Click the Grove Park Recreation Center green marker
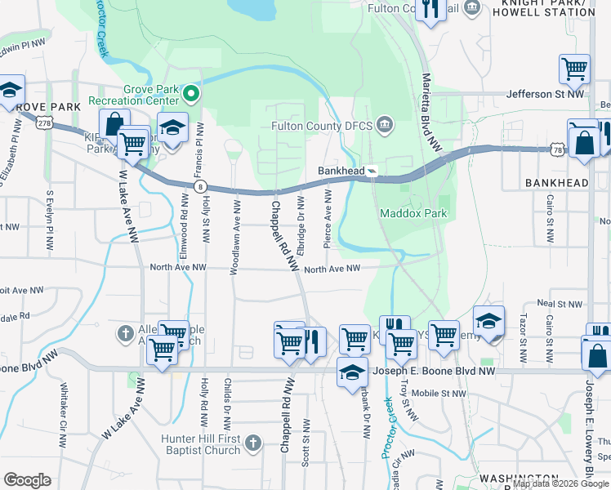pos(191,95)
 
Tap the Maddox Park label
pos(413,214)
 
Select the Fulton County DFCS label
pos(323,126)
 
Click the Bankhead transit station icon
pos(372,171)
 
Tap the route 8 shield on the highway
pos(200,187)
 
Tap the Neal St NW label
pos(560,303)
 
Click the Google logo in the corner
pos(28,480)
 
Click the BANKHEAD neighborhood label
pos(556,183)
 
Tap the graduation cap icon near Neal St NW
pos(488,320)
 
